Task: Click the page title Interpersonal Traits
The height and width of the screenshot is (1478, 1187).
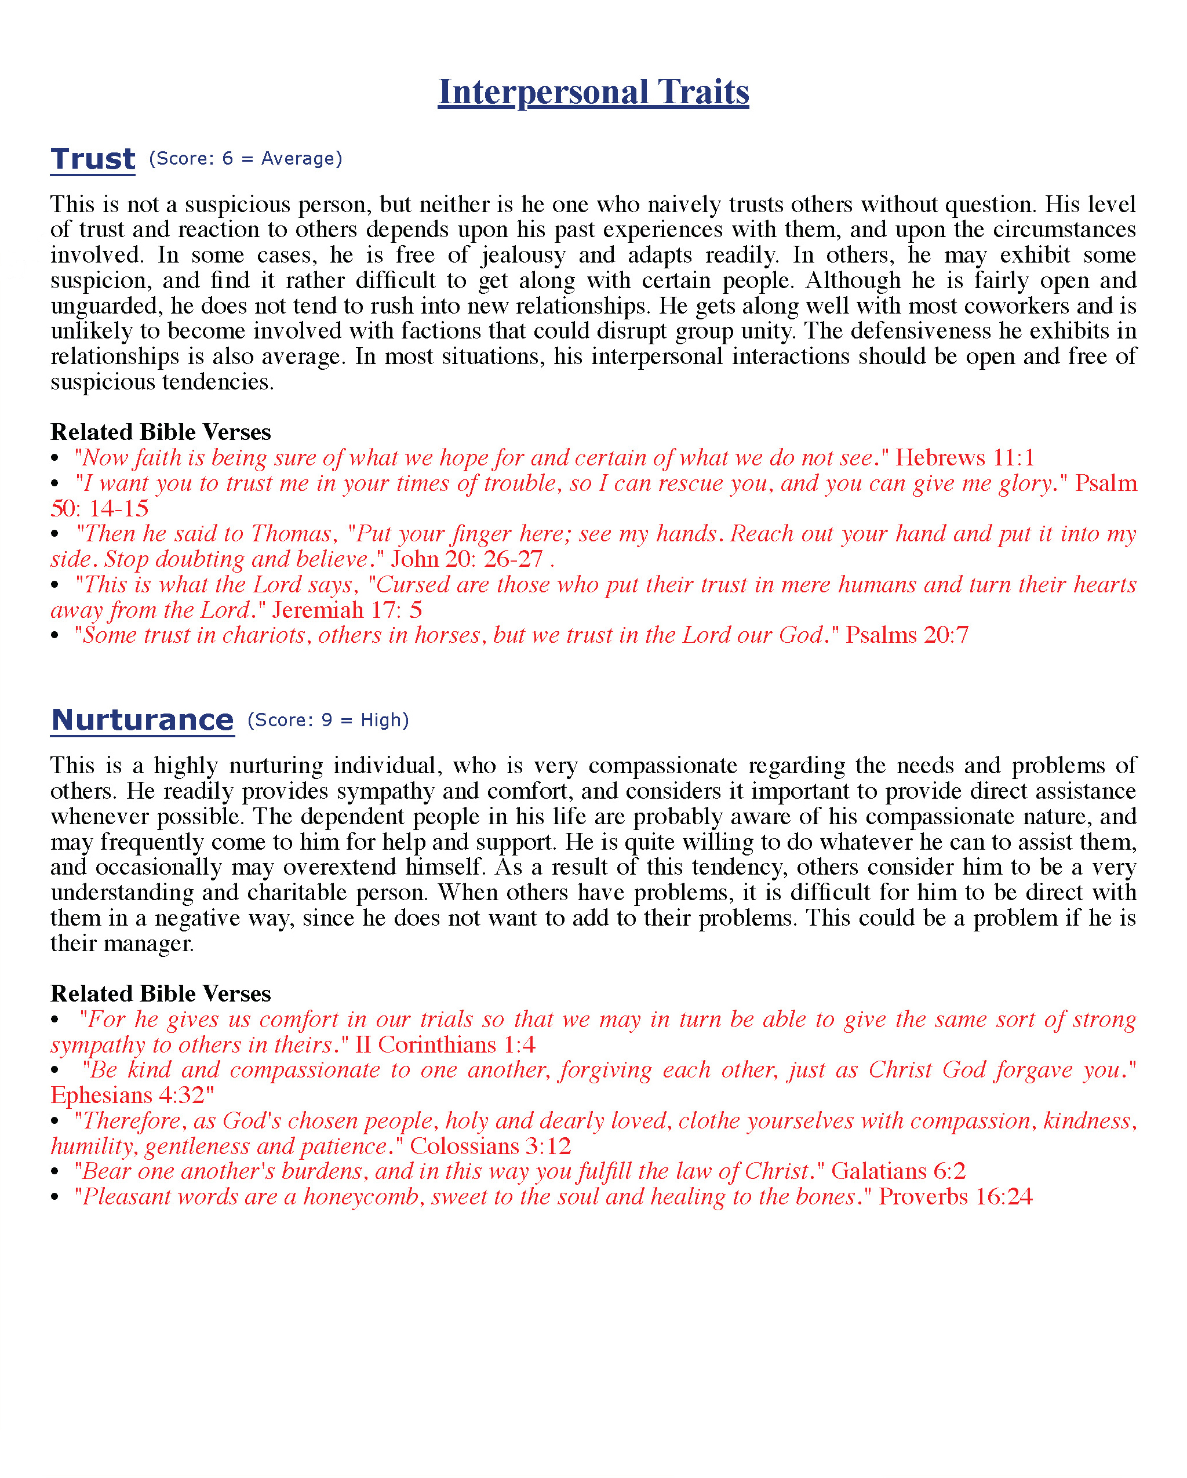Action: click(x=593, y=92)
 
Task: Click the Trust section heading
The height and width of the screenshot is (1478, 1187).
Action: click(x=93, y=159)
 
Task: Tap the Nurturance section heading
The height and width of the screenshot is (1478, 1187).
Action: click(x=143, y=720)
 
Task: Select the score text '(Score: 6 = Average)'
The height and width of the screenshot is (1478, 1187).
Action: click(x=245, y=158)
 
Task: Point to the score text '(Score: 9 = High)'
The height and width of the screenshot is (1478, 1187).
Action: click(x=328, y=720)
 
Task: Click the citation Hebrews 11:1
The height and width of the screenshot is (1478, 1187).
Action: click(x=965, y=457)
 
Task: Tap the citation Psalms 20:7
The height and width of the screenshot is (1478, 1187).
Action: click(x=906, y=635)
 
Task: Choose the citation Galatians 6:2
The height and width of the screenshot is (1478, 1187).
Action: click(x=898, y=1171)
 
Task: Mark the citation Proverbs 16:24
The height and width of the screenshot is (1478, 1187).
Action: click(x=955, y=1196)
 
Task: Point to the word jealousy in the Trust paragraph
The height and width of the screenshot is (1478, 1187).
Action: click(x=523, y=255)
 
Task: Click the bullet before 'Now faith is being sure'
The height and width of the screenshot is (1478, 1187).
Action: click(x=56, y=458)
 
